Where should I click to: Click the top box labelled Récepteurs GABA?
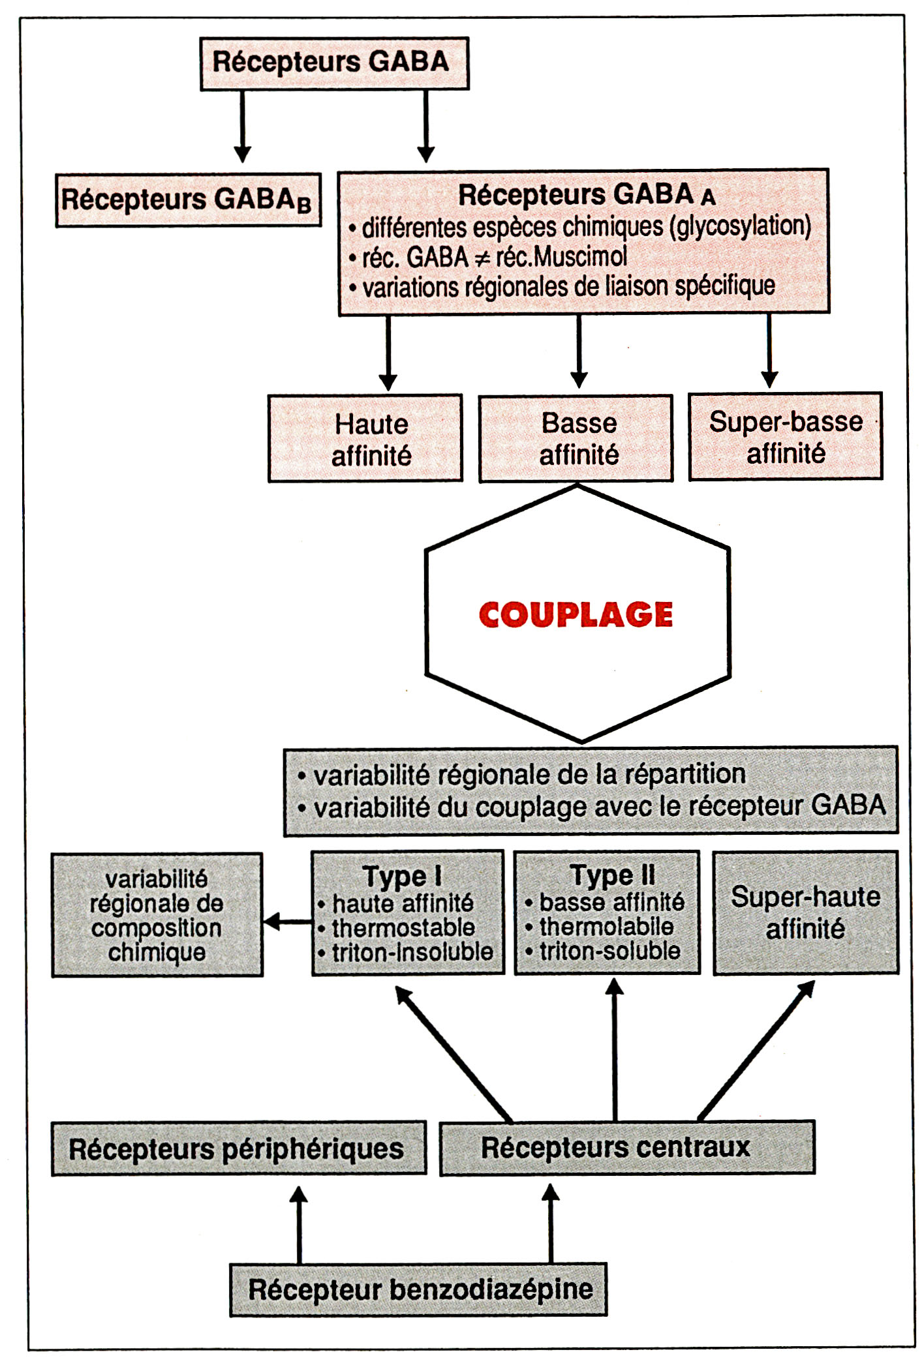point(334,63)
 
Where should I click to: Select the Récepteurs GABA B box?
point(188,200)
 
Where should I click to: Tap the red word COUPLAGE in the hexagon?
point(576,614)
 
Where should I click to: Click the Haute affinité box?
point(365,438)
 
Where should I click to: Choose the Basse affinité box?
point(576,438)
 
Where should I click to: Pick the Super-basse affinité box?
point(786,436)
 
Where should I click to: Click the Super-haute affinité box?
point(805,912)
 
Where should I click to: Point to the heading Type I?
point(402,876)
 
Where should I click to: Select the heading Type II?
point(612,875)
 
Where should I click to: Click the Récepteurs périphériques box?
point(238,1149)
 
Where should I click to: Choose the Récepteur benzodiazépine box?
point(418,1289)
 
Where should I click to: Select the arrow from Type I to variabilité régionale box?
point(287,922)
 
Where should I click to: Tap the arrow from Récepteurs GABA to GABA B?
point(243,127)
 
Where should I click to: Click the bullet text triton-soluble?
point(609,952)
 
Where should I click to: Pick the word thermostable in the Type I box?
point(403,927)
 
